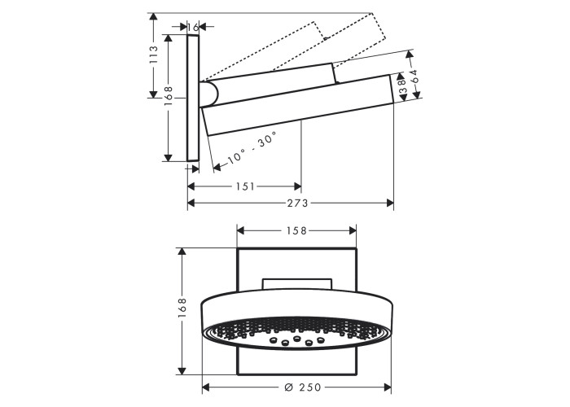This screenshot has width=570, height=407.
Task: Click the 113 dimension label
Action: (154, 55)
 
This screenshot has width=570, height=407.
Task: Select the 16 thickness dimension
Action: (194, 27)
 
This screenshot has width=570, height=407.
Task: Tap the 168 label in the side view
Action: (169, 96)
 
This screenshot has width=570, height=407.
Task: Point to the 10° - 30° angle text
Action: (252, 147)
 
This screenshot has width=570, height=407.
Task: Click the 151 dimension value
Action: (246, 186)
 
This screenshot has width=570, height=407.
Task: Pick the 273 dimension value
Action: (298, 203)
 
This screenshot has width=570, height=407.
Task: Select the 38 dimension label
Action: (402, 86)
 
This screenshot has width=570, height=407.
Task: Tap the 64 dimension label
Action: (414, 77)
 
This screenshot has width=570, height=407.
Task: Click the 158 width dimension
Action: (296, 230)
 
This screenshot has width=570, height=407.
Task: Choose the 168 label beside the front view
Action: (182, 308)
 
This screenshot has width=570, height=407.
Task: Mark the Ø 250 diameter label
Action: (302, 387)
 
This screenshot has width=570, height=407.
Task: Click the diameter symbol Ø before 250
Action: (288, 387)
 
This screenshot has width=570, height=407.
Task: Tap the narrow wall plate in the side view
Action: (194, 98)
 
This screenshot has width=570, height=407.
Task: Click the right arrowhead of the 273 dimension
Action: (390, 203)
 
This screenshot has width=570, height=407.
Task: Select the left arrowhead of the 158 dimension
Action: (241, 230)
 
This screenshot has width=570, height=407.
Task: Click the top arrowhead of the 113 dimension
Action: (154, 17)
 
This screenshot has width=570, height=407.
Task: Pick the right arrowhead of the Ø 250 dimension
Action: (387, 387)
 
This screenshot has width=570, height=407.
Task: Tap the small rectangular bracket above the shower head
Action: (296, 284)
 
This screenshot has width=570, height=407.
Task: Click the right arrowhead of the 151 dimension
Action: (297, 186)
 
